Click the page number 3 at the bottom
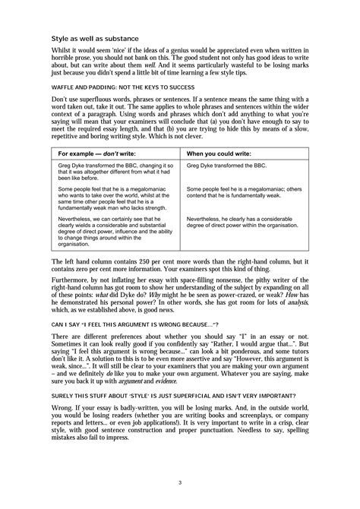pos(180,482)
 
